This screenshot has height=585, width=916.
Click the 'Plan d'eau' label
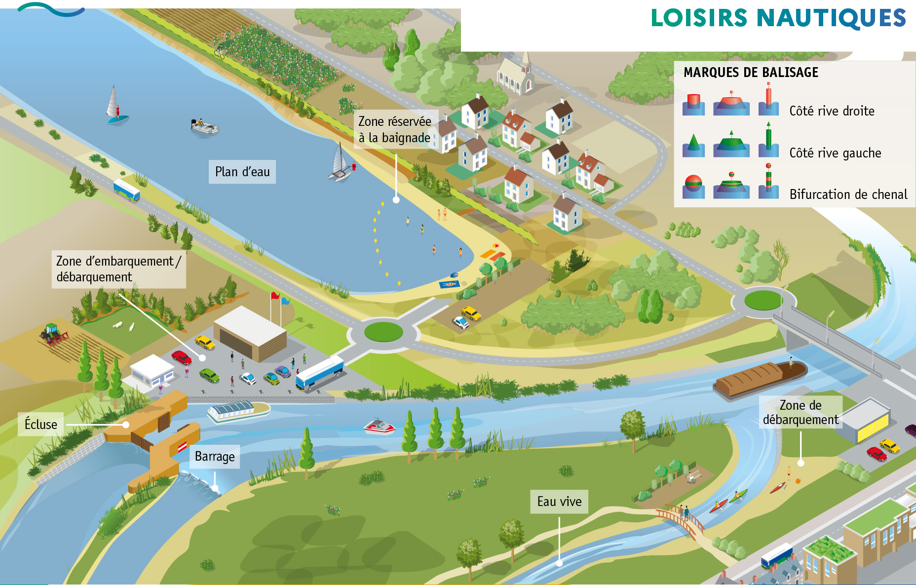[x=242, y=172]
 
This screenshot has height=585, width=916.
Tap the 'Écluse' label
[x=41, y=424]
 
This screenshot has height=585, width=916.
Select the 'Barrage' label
[x=215, y=456]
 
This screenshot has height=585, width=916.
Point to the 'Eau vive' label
[x=559, y=502]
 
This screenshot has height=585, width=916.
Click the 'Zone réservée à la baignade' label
[x=395, y=129]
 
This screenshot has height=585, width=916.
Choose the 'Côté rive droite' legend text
[x=832, y=111]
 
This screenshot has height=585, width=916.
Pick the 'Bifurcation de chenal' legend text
[x=848, y=195]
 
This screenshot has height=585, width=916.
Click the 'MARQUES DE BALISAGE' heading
[x=751, y=73]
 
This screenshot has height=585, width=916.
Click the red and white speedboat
[x=379, y=426]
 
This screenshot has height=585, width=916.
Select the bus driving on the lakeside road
[x=126, y=190]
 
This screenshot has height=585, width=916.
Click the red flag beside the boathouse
[x=274, y=296]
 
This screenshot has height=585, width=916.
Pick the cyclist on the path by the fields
[x=219, y=52]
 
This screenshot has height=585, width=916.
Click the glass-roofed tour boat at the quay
[x=238, y=411]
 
